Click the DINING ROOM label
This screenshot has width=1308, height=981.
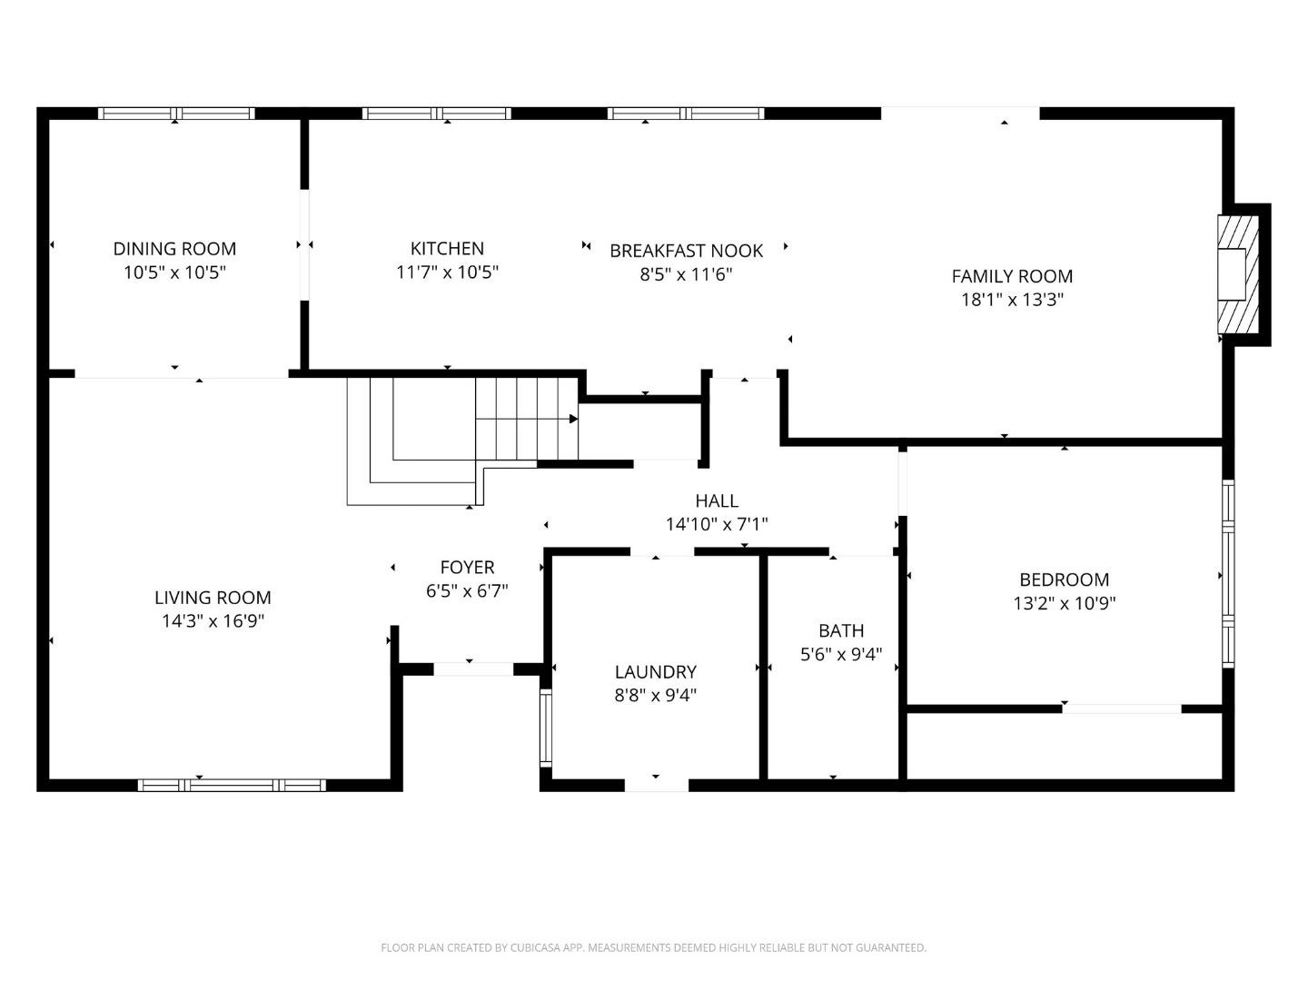pyautogui.click(x=174, y=248)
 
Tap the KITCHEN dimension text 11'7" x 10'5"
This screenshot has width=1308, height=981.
pyautogui.click(x=447, y=272)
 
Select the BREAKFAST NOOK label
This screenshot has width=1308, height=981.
pyautogui.click(x=686, y=251)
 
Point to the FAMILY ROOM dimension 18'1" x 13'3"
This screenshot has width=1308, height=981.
pyautogui.click(x=1012, y=299)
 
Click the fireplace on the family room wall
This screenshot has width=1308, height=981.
pyautogui.click(x=1238, y=274)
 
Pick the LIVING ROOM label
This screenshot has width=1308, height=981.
pyautogui.click(x=213, y=598)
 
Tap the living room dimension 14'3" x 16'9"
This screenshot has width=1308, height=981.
pyautogui.click(x=213, y=621)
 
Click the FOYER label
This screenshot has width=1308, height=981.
pyautogui.click(x=467, y=567)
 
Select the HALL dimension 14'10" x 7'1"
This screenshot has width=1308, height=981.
pyautogui.click(x=717, y=524)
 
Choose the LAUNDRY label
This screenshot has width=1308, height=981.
pyautogui.click(x=656, y=672)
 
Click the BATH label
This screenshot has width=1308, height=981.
pyautogui.click(x=841, y=630)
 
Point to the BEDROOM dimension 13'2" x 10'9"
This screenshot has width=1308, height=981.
pyautogui.click(x=1065, y=603)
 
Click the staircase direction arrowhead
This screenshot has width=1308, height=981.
pyautogui.click(x=573, y=419)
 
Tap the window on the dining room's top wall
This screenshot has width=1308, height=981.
pyautogui.click(x=176, y=114)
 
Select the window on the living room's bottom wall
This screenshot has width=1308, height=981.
pyautogui.click(x=232, y=785)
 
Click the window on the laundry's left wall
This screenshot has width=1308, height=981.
pyautogui.click(x=546, y=728)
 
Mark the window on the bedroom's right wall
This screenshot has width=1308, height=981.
pyautogui.click(x=1228, y=573)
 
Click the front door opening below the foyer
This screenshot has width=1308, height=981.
pyautogui.click(x=473, y=669)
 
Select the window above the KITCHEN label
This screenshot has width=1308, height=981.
pyautogui.click(x=437, y=114)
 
